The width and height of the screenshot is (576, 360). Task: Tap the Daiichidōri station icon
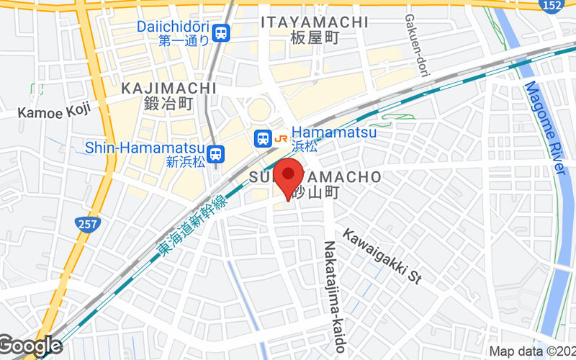pos(221,32)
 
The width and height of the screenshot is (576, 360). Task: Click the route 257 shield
pos(87,225)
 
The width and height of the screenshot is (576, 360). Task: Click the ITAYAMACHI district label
pos(315,22)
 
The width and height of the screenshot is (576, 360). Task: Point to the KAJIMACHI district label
pos(168,88)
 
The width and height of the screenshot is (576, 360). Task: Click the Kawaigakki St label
pos(381,256)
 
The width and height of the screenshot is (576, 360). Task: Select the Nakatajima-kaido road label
pos(335,295)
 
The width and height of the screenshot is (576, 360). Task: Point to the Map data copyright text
pos(532,351)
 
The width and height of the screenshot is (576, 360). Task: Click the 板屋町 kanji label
pos(315,37)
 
